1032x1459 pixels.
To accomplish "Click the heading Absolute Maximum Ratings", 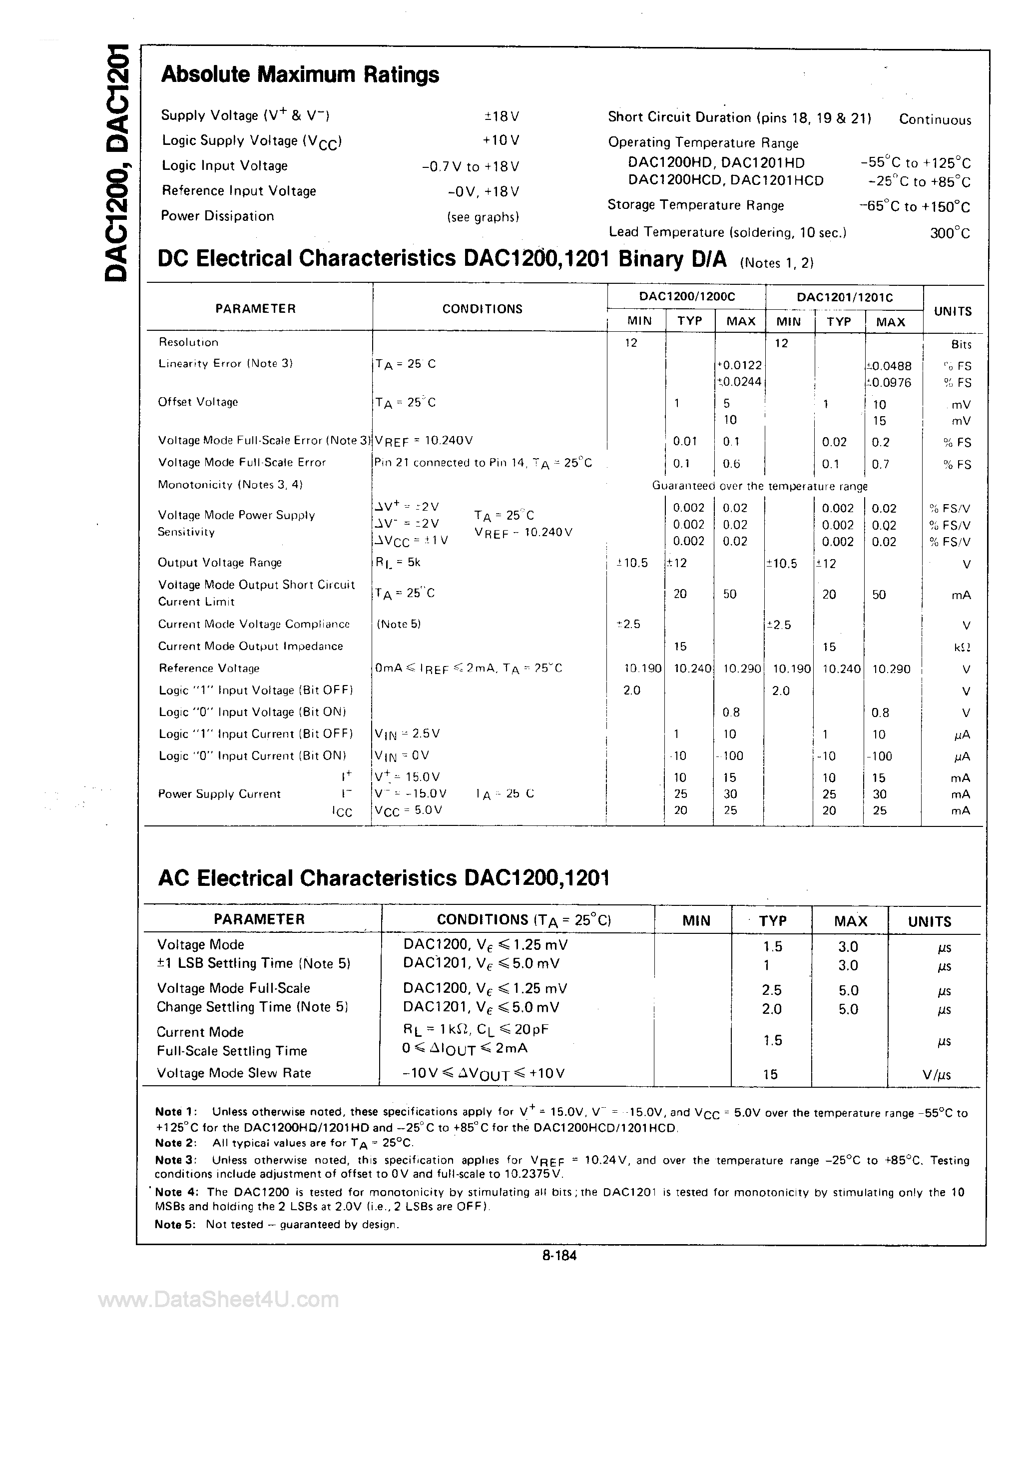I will tap(300, 75).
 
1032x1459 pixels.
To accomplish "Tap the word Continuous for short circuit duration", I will tap(935, 119).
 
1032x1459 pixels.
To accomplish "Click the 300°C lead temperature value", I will tap(950, 233).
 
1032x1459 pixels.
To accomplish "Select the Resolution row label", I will tap(188, 342).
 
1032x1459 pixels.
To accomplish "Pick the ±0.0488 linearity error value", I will tap(889, 366).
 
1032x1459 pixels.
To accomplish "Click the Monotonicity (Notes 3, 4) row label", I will tap(230, 485).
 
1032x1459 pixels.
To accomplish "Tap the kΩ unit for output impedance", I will tap(962, 648).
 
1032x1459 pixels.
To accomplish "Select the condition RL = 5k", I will tap(398, 563).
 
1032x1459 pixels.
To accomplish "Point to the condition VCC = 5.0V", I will tap(408, 810).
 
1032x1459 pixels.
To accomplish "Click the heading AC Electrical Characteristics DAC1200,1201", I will tap(384, 878).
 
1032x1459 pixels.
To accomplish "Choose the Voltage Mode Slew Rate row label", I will tap(234, 1073).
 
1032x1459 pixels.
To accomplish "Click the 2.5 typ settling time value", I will tap(772, 990).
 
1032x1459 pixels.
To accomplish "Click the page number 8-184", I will tap(559, 1255).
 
